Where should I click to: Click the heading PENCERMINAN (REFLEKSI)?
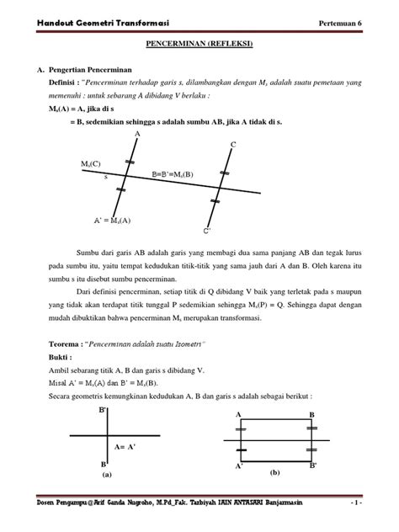pyautogui.click(x=199, y=40)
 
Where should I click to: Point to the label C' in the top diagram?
pyautogui.click(x=207, y=230)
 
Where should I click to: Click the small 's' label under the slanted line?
pyautogui.click(x=106, y=178)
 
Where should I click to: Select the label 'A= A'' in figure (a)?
pyautogui.click(x=126, y=448)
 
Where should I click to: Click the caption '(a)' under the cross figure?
pyautogui.click(x=107, y=475)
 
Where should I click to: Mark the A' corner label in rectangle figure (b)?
pyautogui.click(x=240, y=465)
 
